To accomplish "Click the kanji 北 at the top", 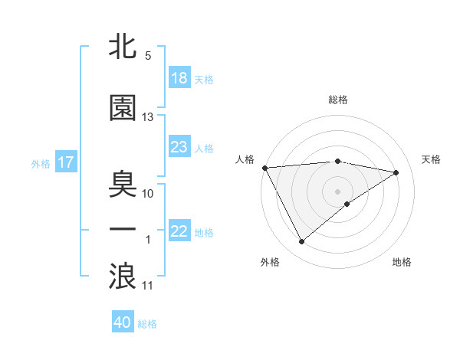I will click(x=123, y=47).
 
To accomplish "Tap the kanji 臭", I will click(x=123, y=185).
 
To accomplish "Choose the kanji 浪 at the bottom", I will click(x=123, y=276).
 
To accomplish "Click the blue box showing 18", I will click(x=179, y=78).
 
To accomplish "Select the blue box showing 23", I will click(x=179, y=147).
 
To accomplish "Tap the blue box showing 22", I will click(x=179, y=231).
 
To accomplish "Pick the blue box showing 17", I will click(x=65, y=162).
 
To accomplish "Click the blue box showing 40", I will click(x=123, y=322).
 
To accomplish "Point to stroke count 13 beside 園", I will click(x=148, y=117).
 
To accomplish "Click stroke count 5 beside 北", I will click(x=148, y=56).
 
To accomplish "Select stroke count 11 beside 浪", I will click(x=148, y=286).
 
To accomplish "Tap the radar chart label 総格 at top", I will click(x=338, y=100).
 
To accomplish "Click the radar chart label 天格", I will click(x=432, y=159).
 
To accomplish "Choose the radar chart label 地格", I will click(x=402, y=262).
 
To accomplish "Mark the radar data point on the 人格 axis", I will click(x=264, y=167).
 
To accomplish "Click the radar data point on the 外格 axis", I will click(x=301, y=242).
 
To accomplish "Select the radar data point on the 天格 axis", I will click(x=396, y=172).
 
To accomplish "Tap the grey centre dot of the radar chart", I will click(x=338, y=191).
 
